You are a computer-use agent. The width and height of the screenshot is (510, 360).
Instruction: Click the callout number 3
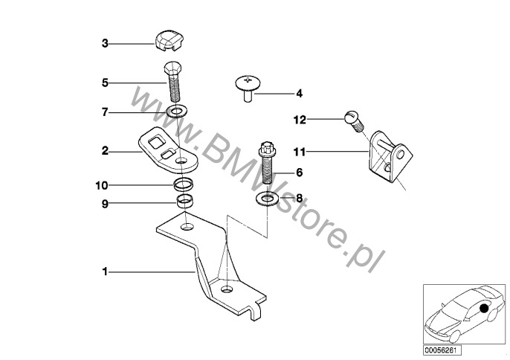105,43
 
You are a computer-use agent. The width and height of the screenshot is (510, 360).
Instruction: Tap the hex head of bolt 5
172,68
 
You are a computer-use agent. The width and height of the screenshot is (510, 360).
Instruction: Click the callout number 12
300,120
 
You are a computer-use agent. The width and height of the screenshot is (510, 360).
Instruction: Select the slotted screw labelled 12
354,121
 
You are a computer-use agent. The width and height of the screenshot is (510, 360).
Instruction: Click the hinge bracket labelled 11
390,156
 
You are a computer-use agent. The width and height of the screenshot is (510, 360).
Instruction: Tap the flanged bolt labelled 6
268,163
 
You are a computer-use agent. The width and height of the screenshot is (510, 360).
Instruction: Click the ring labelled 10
184,184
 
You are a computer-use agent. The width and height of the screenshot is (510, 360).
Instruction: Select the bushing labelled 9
184,201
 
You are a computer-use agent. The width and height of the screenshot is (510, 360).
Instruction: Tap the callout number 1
105,271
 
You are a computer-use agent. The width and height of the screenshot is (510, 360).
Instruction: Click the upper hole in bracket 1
187,226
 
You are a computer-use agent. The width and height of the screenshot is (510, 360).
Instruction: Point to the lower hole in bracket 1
227,289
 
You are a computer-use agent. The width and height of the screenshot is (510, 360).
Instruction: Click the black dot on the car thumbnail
484,308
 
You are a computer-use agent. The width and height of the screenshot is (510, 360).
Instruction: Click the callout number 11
300,152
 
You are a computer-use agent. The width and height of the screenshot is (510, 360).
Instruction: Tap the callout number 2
105,151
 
